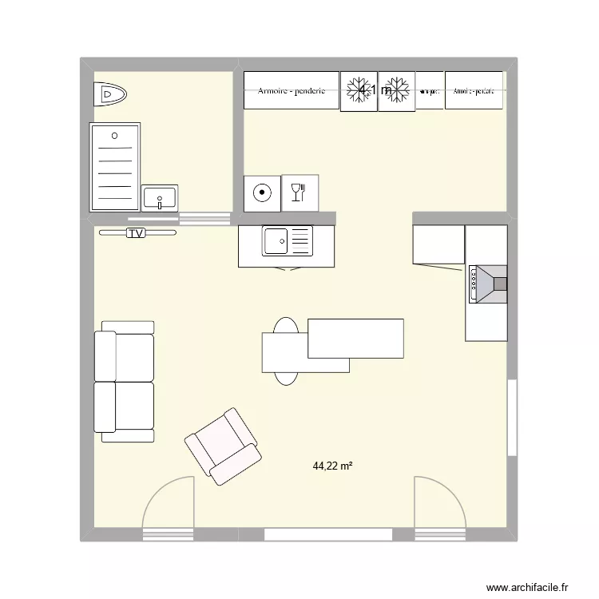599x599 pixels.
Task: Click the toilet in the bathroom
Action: (109, 96)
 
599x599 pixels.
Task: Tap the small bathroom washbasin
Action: (160, 197)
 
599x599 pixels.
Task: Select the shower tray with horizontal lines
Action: (115, 166)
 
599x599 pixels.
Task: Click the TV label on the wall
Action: (137, 233)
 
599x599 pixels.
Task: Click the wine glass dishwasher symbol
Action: (300, 192)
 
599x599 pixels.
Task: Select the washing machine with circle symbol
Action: (262, 192)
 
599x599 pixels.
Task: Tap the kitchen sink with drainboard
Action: (288, 241)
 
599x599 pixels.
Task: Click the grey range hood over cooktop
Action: (487, 284)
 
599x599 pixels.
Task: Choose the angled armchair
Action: (223, 446)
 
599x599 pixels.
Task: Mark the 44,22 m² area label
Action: (333, 466)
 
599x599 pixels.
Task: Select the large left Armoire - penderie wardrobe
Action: (291, 90)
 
